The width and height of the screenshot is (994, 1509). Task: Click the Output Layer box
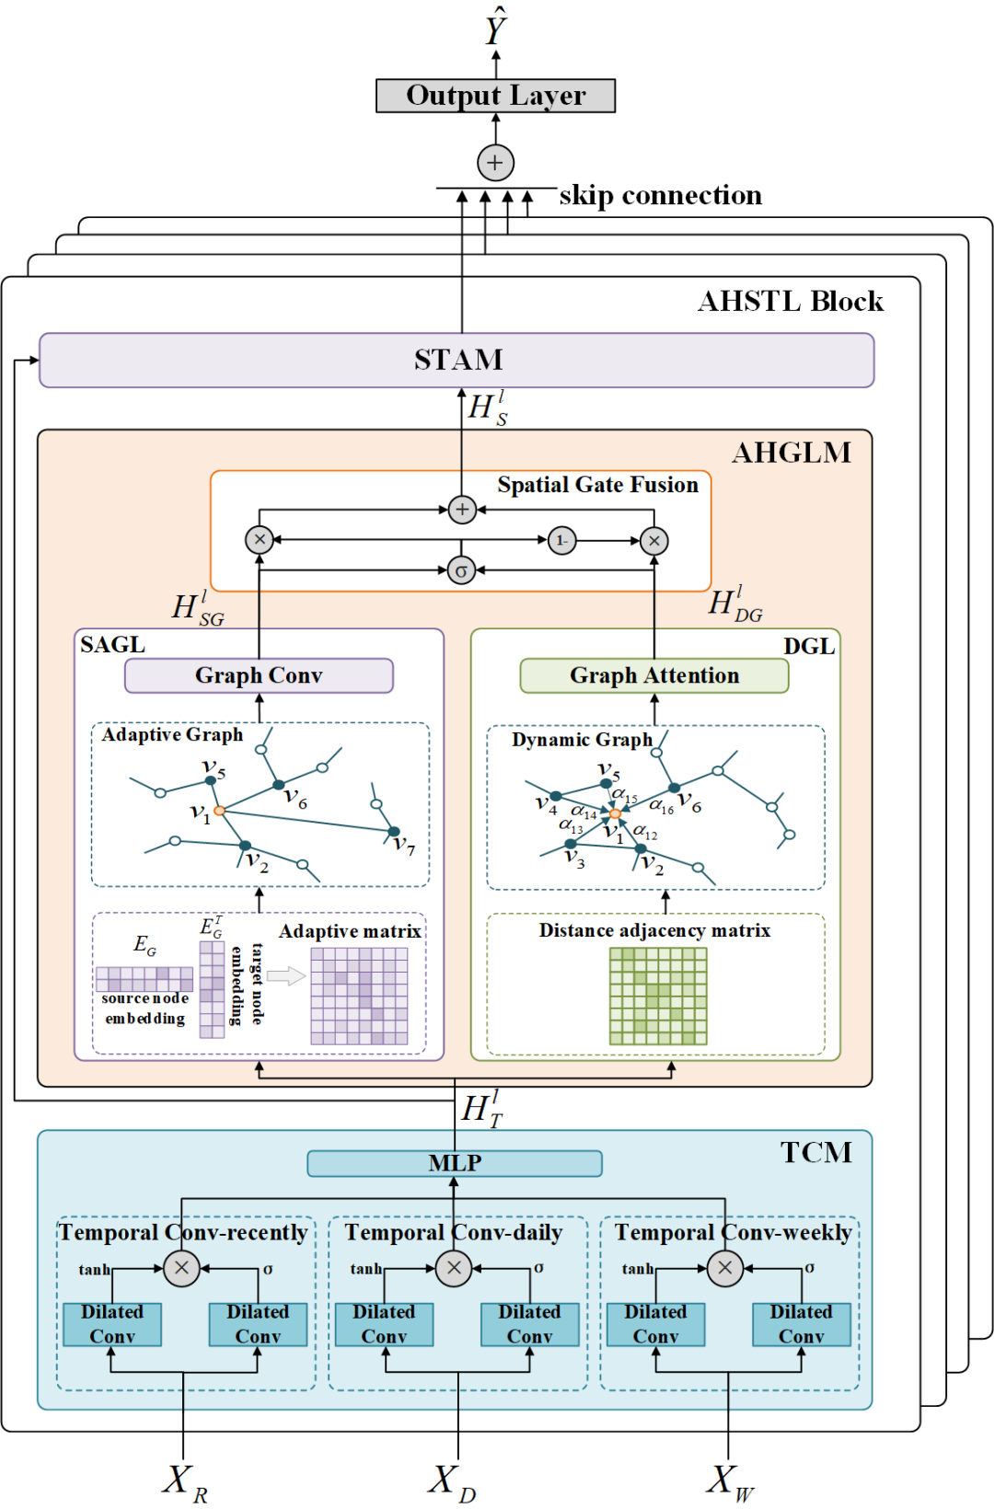495,96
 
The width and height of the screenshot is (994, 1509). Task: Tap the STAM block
457,360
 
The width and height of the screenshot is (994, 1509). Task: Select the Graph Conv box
259,675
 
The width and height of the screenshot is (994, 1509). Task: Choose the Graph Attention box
653,675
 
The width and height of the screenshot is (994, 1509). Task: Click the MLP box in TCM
455,1163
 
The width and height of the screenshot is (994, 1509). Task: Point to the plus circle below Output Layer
495,163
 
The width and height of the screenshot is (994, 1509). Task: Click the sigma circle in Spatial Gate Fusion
461,570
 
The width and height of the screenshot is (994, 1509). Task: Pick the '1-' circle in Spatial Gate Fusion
561,540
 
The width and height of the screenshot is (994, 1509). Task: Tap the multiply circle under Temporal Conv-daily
454,1268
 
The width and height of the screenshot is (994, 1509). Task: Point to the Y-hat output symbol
495,28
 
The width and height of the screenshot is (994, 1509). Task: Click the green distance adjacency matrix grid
658,996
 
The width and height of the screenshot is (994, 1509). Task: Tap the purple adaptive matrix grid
359,996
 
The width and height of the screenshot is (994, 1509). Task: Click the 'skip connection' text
660,195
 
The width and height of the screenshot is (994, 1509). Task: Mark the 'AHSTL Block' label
790,302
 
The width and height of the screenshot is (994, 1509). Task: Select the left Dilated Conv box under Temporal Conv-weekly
655,1324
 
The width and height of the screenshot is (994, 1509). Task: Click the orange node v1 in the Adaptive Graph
219,811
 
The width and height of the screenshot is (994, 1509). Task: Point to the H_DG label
734,605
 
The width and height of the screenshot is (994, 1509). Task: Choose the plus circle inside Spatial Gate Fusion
461,509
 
